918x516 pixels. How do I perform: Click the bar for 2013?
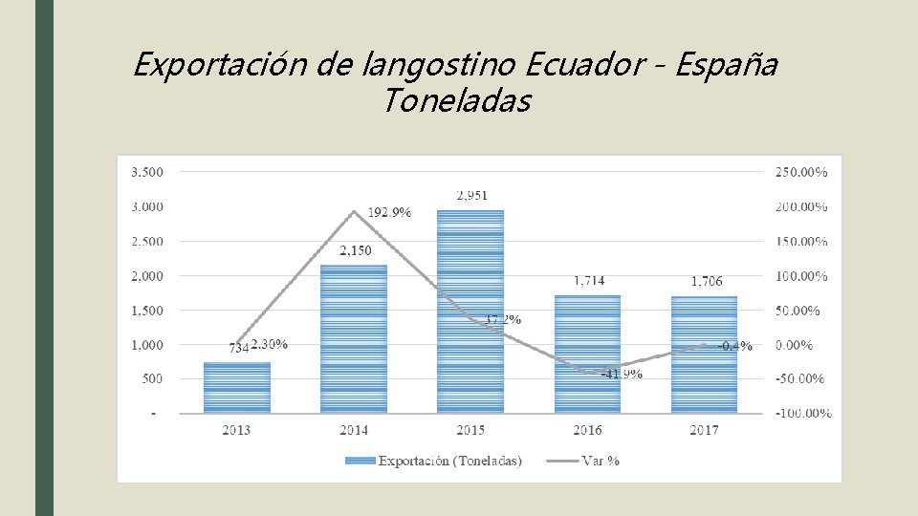237,387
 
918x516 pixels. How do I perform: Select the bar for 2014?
354,338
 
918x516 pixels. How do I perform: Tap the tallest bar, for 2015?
470,312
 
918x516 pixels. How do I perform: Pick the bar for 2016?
587,354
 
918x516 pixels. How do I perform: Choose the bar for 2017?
705,355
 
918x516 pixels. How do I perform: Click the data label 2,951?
472,195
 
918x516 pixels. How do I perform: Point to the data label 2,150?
355,251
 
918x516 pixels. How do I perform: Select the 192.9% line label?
389,212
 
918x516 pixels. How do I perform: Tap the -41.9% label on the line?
622,374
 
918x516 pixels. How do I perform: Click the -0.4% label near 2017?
734,346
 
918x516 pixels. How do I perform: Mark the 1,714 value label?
589,281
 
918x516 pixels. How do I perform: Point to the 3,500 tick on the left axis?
145,172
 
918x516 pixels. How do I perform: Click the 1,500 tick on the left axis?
145,311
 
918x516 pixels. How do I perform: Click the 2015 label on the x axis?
470,430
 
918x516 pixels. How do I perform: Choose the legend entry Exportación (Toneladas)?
449,461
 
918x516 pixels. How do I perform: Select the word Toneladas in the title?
456,99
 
